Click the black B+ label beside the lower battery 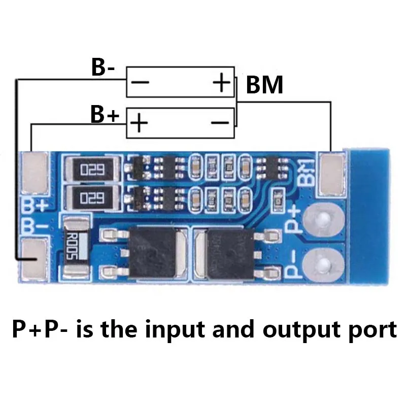coord(105,115)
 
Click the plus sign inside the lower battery coord(140,123)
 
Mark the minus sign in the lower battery coord(220,122)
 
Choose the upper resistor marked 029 coord(92,168)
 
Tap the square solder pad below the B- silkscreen coord(35,260)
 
